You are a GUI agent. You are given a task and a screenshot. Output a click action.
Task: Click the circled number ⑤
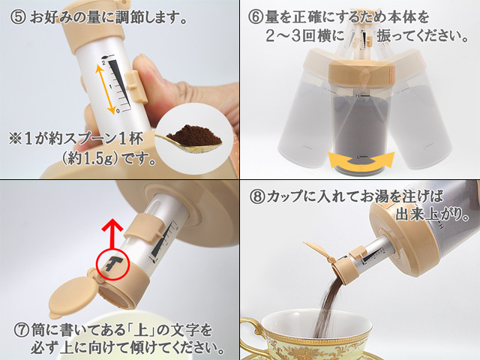(x=18, y=17)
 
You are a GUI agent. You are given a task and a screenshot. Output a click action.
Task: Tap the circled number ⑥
(x=256, y=17)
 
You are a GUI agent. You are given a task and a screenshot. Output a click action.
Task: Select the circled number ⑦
(x=22, y=331)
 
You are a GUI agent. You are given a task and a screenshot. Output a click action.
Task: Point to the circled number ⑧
(x=257, y=196)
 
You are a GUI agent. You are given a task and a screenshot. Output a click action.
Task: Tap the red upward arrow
(x=112, y=233)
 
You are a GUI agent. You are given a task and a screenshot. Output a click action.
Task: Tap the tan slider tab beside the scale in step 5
(x=136, y=87)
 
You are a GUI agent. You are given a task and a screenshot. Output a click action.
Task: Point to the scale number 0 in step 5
(x=118, y=111)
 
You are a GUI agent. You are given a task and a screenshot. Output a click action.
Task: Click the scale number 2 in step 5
(x=103, y=62)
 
